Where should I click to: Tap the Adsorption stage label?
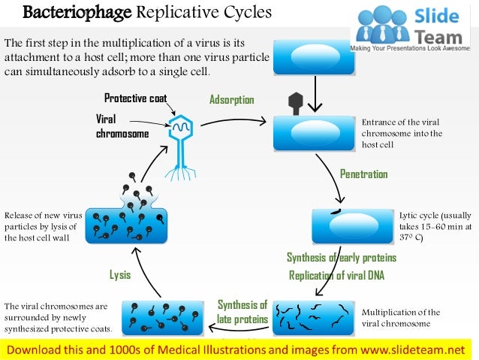tap(231, 100)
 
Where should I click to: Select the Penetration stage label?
tap(363, 174)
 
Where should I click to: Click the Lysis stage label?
tap(120, 275)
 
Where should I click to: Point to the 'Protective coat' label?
tap(135, 98)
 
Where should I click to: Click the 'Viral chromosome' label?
tap(122, 126)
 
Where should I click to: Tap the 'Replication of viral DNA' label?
tap(336, 275)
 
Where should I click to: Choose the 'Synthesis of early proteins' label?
tap(341, 258)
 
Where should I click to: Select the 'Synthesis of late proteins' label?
tap(243, 312)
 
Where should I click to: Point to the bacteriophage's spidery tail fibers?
tap(180, 173)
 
